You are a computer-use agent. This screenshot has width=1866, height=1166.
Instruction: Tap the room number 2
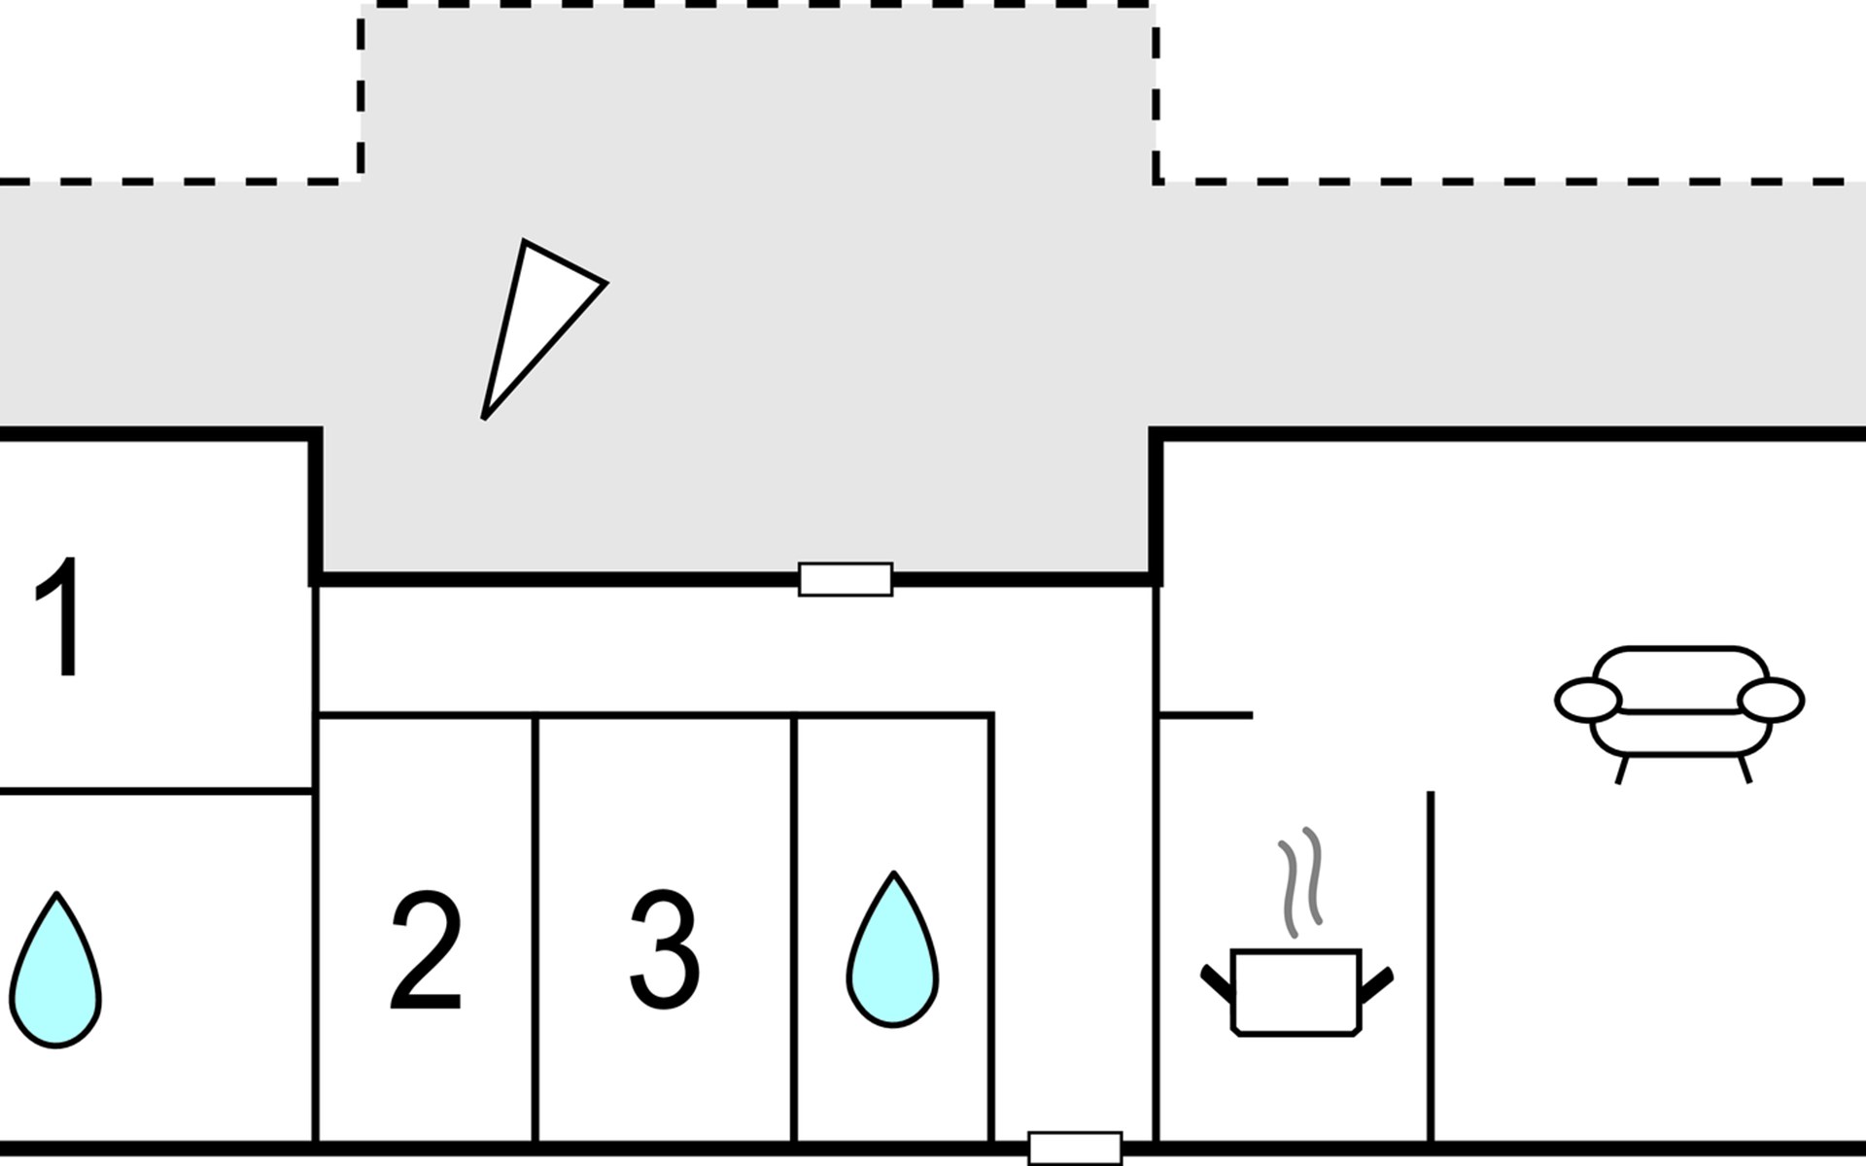[425, 951]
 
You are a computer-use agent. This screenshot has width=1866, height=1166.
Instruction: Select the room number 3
[664, 950]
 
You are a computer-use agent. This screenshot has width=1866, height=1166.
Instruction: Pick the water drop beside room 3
[892, 949]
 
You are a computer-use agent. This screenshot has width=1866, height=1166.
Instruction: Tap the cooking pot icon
[1296, 992]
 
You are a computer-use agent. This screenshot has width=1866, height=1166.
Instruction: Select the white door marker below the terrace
[846, 579]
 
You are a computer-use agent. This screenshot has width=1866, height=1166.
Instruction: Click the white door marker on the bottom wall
[1075, 1148]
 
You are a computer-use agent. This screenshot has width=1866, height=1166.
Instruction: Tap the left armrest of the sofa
[1588, 700]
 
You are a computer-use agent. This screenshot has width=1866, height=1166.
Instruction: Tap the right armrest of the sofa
[1771, 700]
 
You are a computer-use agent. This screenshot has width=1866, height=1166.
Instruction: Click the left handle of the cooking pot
[1217, 983]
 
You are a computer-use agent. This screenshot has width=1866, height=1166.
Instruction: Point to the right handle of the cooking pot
[1377, 983]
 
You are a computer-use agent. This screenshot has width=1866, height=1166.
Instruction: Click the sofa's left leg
[1621, 770]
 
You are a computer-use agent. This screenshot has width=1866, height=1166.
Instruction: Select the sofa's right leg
[1745, 770]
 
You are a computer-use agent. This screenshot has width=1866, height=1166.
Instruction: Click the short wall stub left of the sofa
[1206, 715]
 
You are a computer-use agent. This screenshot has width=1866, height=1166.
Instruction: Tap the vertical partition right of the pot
[1431, 967]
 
